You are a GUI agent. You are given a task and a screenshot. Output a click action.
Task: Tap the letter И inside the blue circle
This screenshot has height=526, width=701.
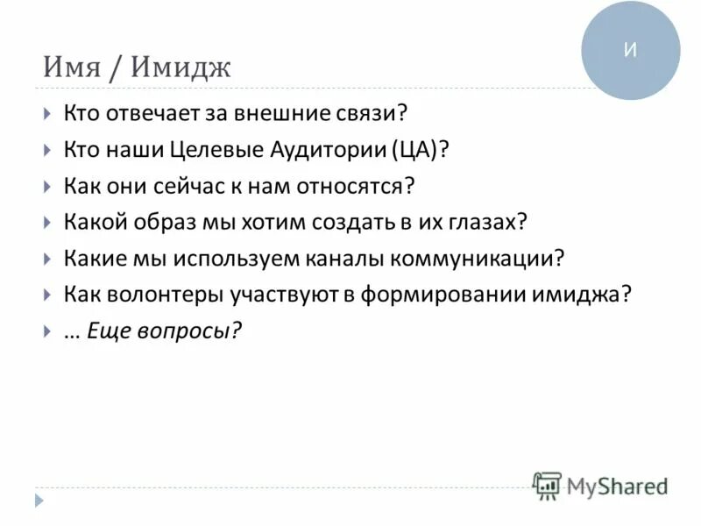(630, 50)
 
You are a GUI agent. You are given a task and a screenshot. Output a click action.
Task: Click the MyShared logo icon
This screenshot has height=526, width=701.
(547, 485)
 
